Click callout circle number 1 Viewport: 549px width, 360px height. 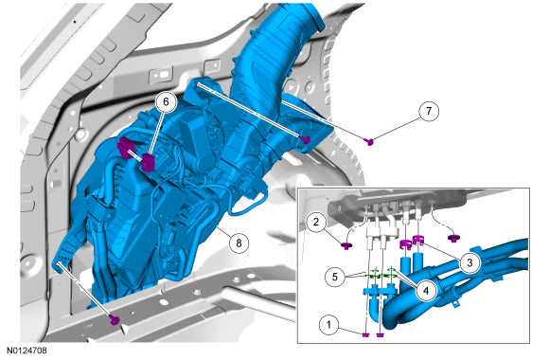(328, 325)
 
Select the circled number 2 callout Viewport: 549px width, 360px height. (316, 222)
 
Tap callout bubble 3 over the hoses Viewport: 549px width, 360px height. (469, 262)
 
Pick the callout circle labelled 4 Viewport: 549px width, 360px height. (426, 290)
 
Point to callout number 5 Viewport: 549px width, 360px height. (335, 277)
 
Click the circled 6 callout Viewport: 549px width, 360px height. (166, 101)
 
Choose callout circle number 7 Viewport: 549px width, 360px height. (429, 111)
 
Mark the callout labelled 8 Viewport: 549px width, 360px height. (239, 243)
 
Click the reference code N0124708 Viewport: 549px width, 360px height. (27, 351)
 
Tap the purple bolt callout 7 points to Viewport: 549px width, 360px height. (369, 141)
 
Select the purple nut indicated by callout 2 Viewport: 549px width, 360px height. (346, 245)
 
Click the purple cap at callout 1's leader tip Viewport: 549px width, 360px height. (365, 335)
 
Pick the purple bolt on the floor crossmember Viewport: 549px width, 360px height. (115, 319)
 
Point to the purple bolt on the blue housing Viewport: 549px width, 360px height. (306, 140)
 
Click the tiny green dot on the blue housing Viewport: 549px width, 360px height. (160, 216)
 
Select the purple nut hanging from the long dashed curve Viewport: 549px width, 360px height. (453, 238)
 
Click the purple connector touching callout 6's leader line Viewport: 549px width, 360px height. (148, 162)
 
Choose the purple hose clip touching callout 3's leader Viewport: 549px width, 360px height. (418, 241)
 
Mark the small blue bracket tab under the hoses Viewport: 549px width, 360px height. (455, 303)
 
